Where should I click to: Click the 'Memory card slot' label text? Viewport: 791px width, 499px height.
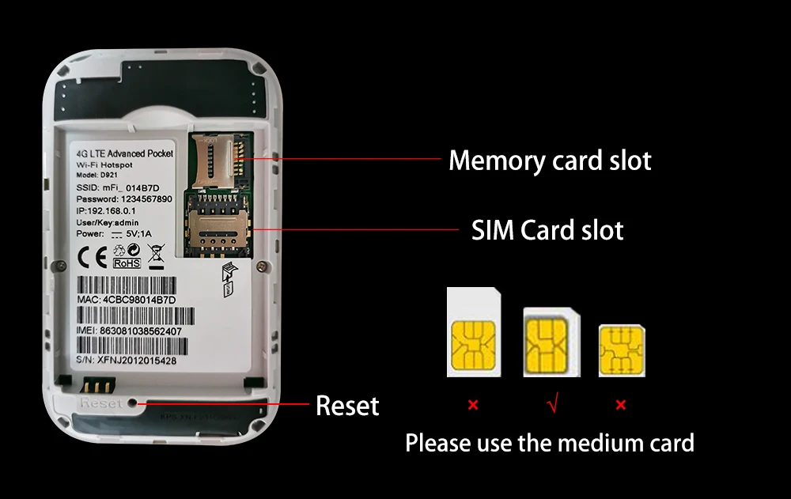point(550,161)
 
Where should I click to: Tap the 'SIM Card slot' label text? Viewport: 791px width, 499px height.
point(547,230)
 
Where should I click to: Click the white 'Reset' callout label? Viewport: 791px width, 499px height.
point(347,406)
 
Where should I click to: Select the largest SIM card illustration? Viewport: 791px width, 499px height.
point(474,332)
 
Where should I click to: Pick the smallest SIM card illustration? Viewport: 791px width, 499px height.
point(622,349)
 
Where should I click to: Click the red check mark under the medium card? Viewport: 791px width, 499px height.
point(552,406)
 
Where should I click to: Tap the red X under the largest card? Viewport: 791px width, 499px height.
point(473,406)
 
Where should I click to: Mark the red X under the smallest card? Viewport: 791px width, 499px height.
point(621,406)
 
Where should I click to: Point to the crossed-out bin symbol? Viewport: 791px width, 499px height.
point(156,256)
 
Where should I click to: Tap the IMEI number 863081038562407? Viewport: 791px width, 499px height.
point(140,331)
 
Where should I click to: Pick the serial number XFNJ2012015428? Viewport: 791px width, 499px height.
point(138,360)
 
